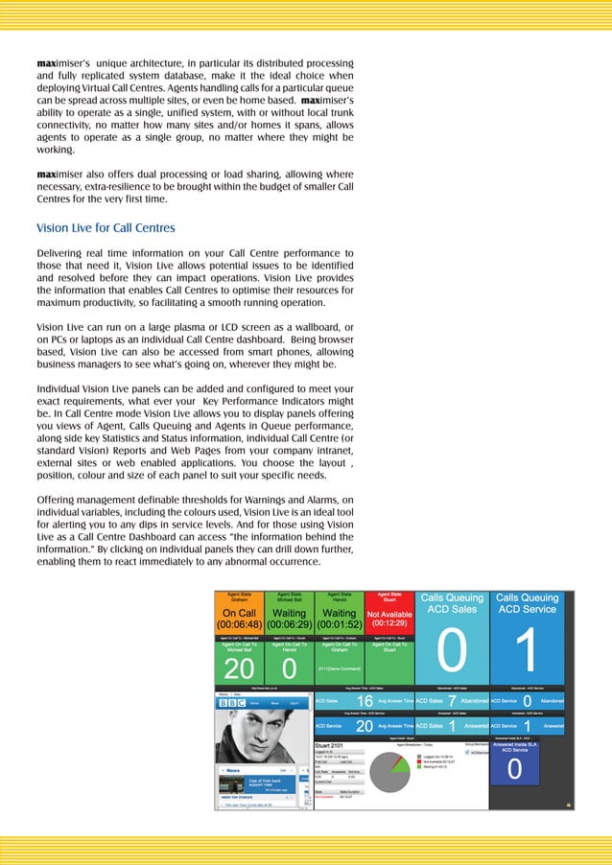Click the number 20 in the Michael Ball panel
tap(239, 666)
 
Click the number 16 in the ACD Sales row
tap(365, 702)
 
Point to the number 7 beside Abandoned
tap(451, 702)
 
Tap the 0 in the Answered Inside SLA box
tap(515, 770)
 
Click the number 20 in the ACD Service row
tap(365, 726)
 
